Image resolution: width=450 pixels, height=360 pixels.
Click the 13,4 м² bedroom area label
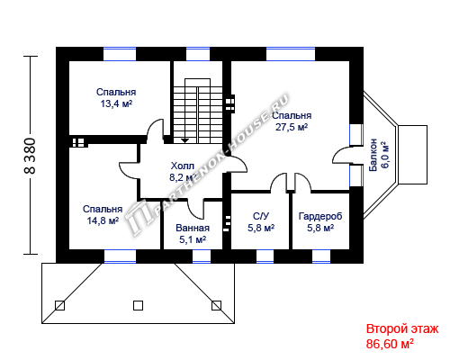coord(116,103)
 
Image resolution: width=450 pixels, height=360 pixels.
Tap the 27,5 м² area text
coord(292,127)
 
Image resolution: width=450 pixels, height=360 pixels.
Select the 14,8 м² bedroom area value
coord(103,220)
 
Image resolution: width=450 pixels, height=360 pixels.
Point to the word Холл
coord(183,166)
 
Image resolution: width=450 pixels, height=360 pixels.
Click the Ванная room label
coord(193,228)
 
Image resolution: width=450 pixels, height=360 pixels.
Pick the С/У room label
coord(261,216)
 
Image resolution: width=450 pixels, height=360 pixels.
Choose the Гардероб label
coord(320,216)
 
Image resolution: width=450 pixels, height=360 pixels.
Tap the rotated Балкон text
coord(373,155)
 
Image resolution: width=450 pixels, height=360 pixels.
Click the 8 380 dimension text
coord(30,156)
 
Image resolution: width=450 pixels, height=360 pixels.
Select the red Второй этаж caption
coord(402,328)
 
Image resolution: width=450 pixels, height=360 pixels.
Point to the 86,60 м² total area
coord(390,344)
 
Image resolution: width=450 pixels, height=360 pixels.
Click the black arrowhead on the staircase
coord(185,140)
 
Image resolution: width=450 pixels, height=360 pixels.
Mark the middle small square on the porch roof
coord(138,305)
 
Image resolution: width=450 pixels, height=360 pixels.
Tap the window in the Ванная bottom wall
coord(202,256)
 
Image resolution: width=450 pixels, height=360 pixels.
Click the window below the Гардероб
coord(321,256)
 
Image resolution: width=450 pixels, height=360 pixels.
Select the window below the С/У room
coord(265,256)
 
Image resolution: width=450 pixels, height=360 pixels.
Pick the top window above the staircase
coord(198,54)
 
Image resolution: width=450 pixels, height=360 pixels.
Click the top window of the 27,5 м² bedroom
coord(291,54)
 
